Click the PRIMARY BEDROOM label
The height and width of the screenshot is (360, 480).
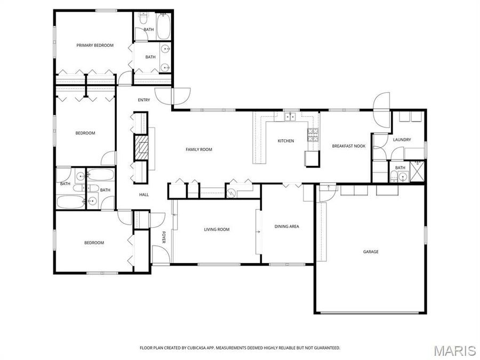(95, 45)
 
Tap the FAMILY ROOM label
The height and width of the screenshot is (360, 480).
(198, 149)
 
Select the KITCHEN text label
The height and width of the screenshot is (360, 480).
(286, 141)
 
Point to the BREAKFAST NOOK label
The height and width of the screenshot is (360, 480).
(348, 146)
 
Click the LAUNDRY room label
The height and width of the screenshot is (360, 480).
(402, 140)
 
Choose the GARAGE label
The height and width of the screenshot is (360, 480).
(371, 252)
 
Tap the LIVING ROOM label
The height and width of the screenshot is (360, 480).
(217, 229)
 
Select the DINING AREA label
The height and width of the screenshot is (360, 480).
(286, 226)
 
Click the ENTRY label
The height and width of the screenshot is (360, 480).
(144, 100)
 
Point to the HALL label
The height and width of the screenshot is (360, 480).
(144, 195)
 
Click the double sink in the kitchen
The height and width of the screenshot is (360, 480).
(291, 116)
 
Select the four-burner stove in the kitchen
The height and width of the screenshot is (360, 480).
(313, 135)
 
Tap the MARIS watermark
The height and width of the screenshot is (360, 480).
(454, 350)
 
